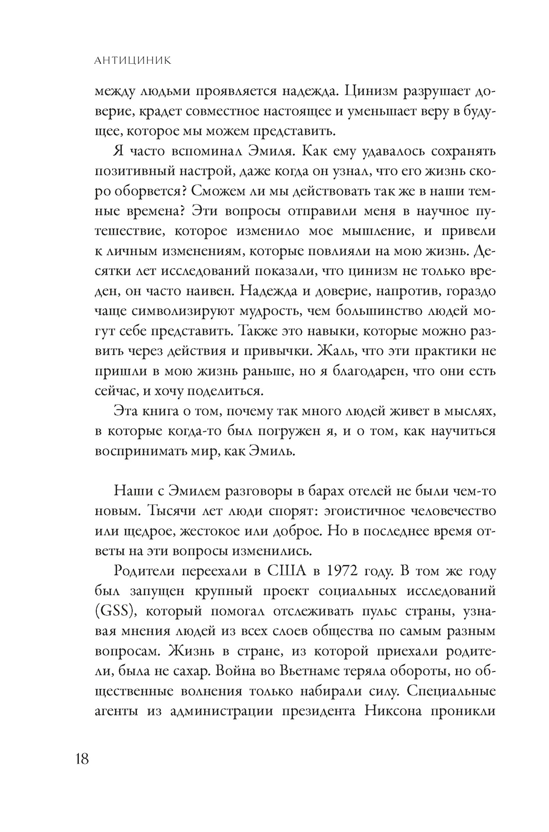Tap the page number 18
pyautogui.click(x=82, y=759)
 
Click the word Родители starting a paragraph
pyautogui.click(x=141, y=572)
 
